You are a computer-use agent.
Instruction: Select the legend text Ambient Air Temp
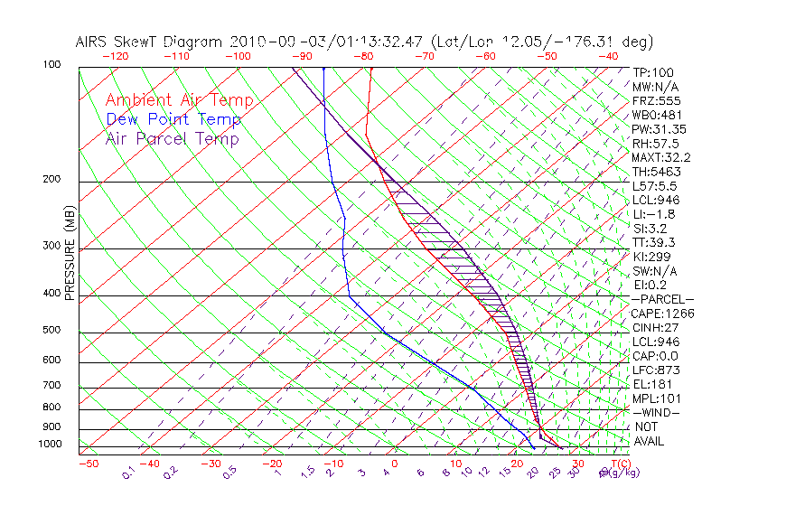coord(179,101)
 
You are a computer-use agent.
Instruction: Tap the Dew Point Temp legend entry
coord(173,120)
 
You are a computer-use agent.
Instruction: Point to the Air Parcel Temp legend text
coord(172,139)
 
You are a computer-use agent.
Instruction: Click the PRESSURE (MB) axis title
coord(70,253)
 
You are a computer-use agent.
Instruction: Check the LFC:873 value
coord(656,370)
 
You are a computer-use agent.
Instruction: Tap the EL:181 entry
coord(652,384)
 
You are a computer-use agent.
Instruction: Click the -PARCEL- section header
coord(662,299)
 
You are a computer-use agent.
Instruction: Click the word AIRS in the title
coord(94,42)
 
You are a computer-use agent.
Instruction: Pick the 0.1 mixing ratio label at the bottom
coord(127,472)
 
